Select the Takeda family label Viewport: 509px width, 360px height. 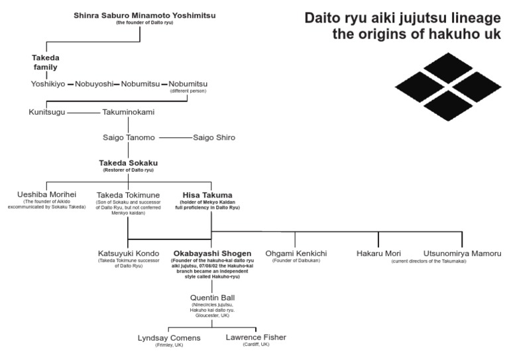[x=46, y=62]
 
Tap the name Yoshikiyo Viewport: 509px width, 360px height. [x=48, y=84]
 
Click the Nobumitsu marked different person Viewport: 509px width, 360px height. [x=188, y=84]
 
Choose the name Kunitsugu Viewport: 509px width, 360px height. [x=48, y=113]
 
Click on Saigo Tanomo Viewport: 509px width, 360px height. [x=129, y=138]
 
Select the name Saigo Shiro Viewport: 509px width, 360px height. [x=214, y=138]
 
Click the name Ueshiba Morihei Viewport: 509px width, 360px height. [x=46, y=195]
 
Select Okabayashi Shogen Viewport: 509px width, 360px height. [x=212, y=253]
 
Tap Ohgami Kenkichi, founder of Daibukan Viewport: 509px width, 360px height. [x=295, y=253]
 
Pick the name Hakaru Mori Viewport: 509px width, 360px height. [x=378, y=253]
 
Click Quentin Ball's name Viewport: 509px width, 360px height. [x=212, y=298]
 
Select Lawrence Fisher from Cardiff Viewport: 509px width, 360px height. [x=256, y=337]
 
